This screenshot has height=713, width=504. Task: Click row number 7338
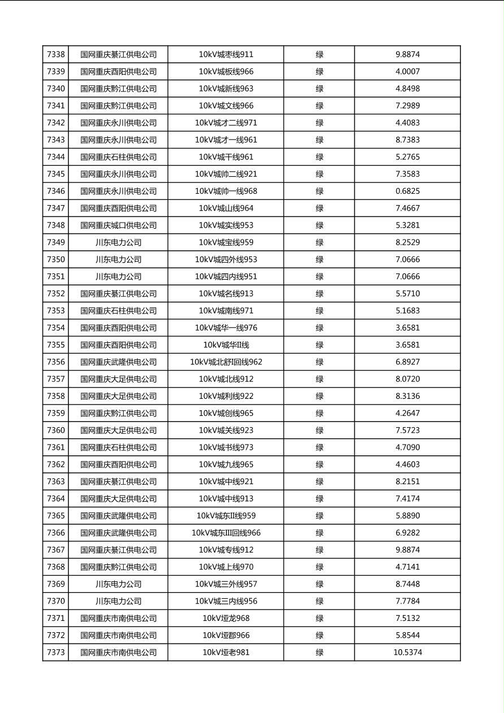(56, 55)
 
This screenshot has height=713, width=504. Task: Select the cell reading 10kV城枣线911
(226, 55)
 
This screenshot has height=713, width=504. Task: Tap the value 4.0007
(407, 72)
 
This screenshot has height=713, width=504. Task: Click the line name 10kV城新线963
(226, 89)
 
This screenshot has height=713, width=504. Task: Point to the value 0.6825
(407, 191)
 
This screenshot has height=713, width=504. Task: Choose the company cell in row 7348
(118, 225)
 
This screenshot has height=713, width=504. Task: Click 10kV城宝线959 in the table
(226, 242)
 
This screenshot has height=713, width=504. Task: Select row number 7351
(56, 277)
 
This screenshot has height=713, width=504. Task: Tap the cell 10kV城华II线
(226, 345)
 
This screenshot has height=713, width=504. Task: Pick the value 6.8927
(407, 362)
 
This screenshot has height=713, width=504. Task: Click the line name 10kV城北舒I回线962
(226, 362)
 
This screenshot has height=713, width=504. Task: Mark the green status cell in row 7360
(319, 431)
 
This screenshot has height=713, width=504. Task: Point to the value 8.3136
(407, 396)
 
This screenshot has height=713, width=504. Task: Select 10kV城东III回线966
(226, 533)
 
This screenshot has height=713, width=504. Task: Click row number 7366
(56, 533)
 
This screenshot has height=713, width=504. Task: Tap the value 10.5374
(407, 653)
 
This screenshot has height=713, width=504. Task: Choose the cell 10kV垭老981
(226, 653)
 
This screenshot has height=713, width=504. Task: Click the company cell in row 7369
(118, 584)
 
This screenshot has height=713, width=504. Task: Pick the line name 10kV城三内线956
(226, 601)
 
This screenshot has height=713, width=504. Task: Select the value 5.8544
(407, 636)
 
